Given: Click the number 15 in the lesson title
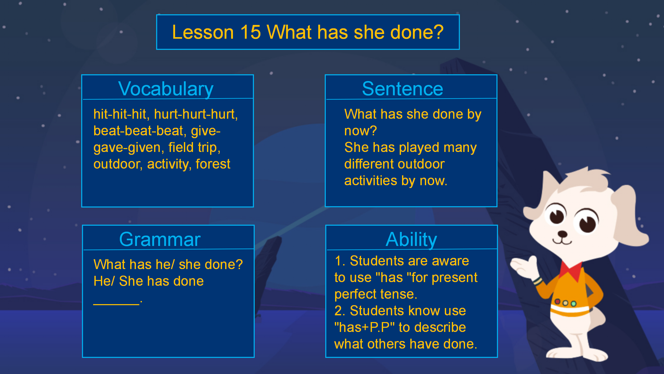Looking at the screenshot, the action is click(x=250, y=32).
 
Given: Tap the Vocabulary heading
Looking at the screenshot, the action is click(x=166, y=89).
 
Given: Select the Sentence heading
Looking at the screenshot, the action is click(x=403, y=89).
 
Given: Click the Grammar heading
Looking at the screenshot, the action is click(x=160, y=239).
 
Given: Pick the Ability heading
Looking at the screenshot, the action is click(x=411, y=239).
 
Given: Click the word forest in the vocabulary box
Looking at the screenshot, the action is click(x=213, y=164).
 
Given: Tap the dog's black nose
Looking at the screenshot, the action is click(x=563, y=234).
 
